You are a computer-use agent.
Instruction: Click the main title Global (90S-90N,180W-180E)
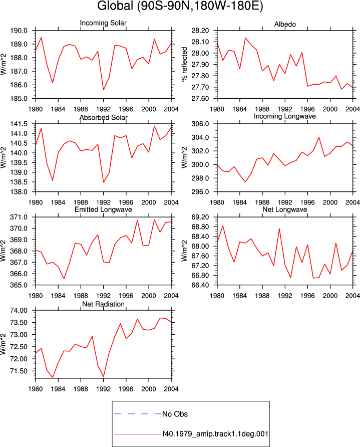pyautogui.click(x=180, y=6)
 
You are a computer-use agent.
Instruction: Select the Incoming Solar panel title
pyautogui.click(x=103, y=23)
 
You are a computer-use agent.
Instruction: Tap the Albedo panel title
pyautogui.click(x=285, y=24)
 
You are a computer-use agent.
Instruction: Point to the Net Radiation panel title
pyautogui.click(x=103, y=304)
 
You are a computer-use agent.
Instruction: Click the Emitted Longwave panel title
pyautogui.click(x=103, y=209)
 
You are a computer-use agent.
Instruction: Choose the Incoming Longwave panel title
pyautogui.click(x=285, y=116)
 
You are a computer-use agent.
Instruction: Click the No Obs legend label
pyautogui.click(x=175, y=414)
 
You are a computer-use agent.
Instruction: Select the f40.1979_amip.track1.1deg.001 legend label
pyautogui.click(x=215, y=434)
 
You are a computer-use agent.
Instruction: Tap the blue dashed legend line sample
pyautogui.click(x=138, y=413)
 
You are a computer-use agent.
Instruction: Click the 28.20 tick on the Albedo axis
pyautogui.click(x=200, y=31)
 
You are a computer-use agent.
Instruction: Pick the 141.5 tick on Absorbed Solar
pyautogui.click(x=19, y=124)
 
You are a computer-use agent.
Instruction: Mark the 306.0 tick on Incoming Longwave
pyautogui.click(x=200, y=124)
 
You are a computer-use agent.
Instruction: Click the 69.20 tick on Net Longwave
pyautogui.click(x=200, y=217)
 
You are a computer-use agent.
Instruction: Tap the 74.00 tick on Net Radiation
pyautogui.click(x=19, y=311)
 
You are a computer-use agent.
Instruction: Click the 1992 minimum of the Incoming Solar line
pyautogui.click(x=103, y=90)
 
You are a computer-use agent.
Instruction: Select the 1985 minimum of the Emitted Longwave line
pyautogui.click(x=64, y=279)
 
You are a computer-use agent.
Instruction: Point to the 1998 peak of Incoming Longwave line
pyautogui.click(x=319, y=137)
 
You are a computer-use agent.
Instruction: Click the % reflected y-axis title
pyautogui.click(x=185, y=65)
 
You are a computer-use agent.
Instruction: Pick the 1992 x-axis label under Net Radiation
pyautogui.click(x=103, y=389)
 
